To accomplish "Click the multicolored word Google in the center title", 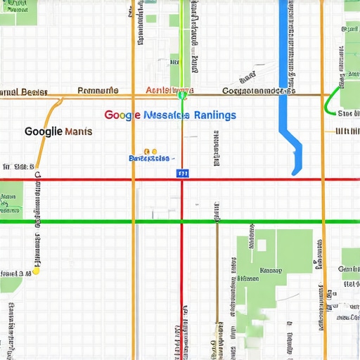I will click(122, 115).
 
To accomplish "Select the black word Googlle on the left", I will click(42, 131).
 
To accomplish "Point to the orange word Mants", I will click(77, 131).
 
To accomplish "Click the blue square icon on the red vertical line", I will click(182, 172).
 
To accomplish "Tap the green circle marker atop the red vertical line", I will click(182, 91).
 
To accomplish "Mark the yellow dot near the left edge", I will click(36, 269).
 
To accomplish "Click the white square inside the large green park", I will click(262, 245).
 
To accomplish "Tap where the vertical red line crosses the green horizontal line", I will click(182, 222).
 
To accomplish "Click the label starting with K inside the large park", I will click(271, 270).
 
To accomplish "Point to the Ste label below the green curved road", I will click(347, 112).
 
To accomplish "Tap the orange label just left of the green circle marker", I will click(158, 91).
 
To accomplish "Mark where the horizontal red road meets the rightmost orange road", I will click(323, 180).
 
